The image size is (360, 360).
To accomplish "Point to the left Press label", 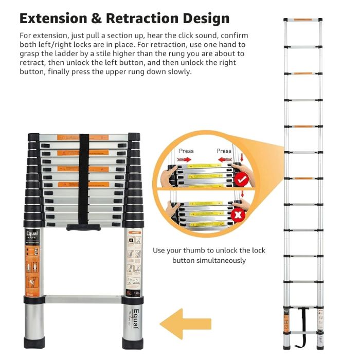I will click(186, 151).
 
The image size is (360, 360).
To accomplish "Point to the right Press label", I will click(224, 151).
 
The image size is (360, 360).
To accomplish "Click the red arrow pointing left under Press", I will click(224, 159).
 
